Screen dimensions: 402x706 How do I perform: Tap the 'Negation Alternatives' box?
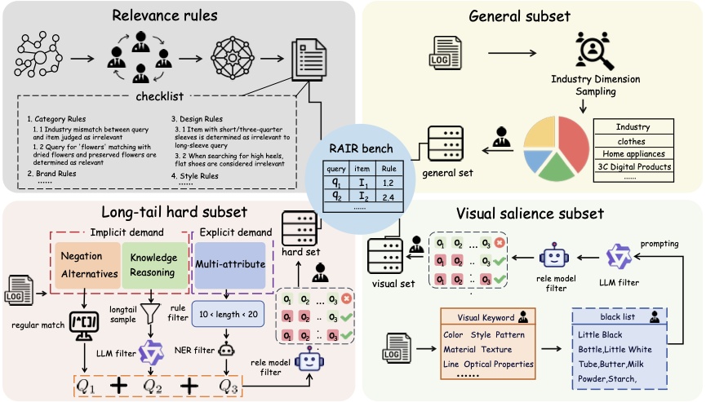tap(88, 264)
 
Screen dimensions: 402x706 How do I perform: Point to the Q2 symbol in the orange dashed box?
tap(152, 384)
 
